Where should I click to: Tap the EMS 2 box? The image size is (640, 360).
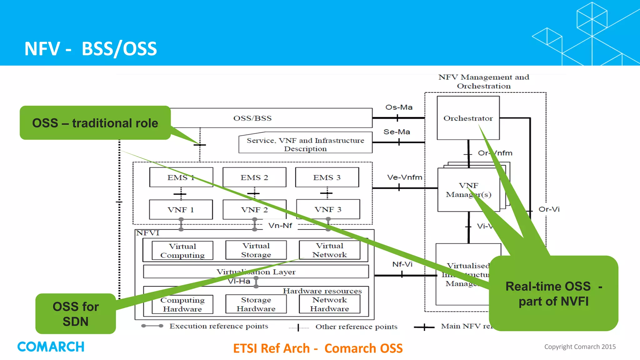coord(254,177)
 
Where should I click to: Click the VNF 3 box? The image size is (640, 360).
coord(327,209)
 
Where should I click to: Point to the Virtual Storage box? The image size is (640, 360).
coord(256,250)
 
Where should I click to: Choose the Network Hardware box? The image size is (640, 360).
coord(329,304)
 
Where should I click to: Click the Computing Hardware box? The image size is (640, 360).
coord(182,304)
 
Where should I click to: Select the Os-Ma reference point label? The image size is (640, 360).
coord(399,107)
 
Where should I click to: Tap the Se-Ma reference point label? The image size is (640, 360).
coord(397,132)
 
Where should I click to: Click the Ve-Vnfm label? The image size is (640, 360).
coord(404,177)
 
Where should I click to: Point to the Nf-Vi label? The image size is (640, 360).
coord(402,264)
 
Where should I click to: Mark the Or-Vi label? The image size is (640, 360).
coord(549,209)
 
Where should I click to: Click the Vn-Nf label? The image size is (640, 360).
coord(280,225)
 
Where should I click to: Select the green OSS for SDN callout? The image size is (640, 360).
coord(76,314)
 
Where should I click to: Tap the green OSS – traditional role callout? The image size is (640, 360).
coord(95,123)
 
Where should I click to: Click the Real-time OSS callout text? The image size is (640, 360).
coord(553,294)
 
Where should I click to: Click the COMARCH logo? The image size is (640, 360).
coord(51,347)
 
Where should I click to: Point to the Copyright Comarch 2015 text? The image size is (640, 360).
coord(580,347)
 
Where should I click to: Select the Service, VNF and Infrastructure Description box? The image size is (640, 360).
coord(305,144)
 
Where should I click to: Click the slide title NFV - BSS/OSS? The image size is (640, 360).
coord(91,49)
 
